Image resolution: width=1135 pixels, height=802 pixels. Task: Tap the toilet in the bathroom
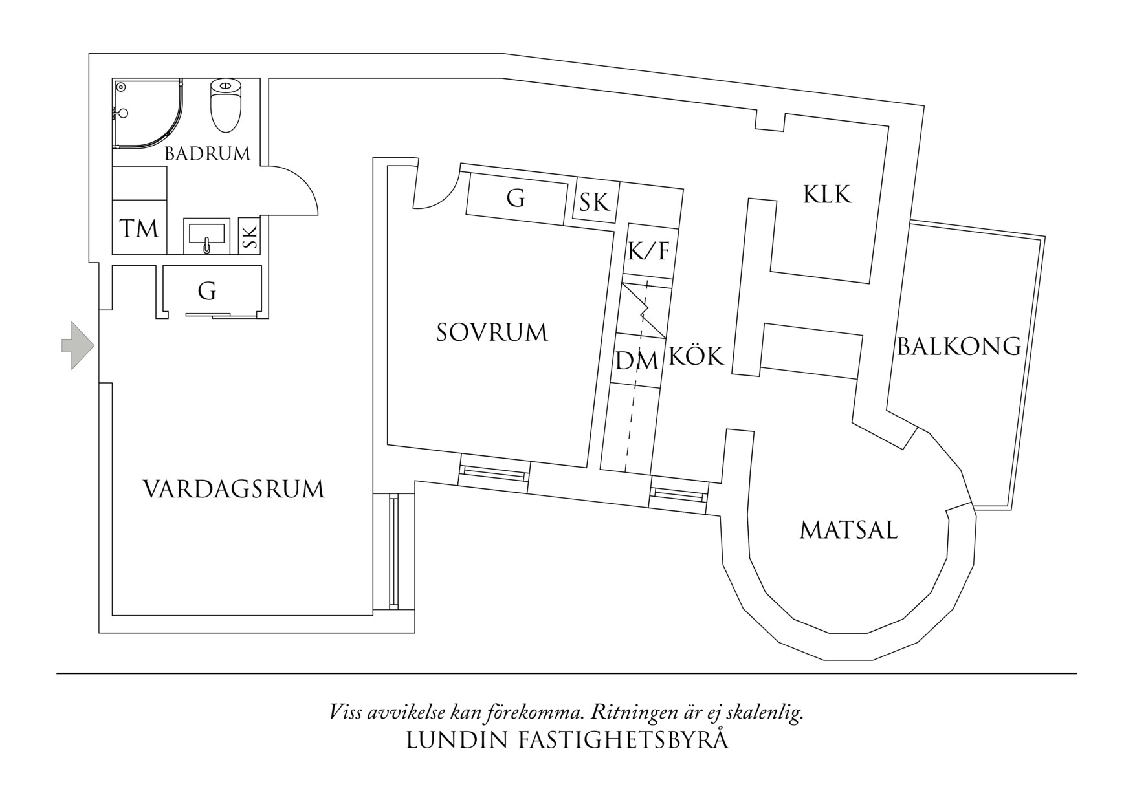226,105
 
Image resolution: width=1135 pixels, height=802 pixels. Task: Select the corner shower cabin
144,114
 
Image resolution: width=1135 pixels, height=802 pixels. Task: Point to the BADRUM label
207,154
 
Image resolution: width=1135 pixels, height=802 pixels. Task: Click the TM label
139,228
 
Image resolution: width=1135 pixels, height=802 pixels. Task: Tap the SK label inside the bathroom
250,236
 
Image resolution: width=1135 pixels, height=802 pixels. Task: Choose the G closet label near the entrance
207,292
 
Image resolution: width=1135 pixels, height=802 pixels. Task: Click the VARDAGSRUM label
234,490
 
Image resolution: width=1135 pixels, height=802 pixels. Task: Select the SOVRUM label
492,332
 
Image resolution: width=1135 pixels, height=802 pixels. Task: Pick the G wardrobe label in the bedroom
515,198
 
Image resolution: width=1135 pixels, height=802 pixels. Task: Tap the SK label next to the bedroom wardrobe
594,202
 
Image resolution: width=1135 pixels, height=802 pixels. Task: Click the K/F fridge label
648,251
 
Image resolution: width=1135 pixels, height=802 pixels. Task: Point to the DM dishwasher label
637,360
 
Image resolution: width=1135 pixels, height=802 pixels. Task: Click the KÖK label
696,356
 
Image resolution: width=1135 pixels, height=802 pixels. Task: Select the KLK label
827,195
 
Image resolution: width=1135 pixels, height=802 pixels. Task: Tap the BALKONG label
958,347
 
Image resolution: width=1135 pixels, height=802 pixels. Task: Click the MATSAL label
849,531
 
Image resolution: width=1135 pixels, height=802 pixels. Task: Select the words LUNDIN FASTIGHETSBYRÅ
567,741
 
